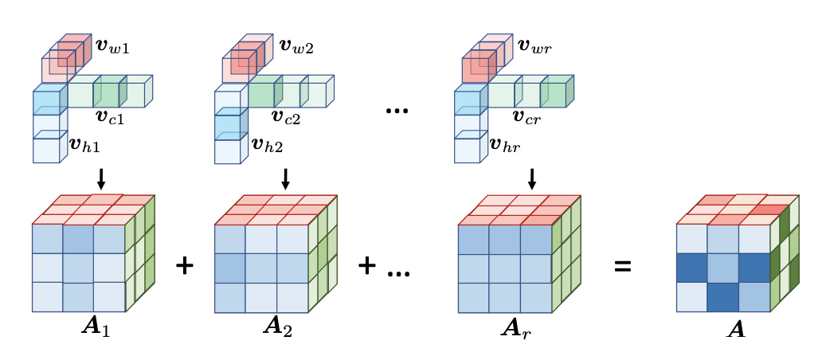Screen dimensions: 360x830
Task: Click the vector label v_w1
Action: [112, 47]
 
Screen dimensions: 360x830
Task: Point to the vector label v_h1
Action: [84, 145]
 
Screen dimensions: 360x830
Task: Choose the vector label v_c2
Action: [285, 119]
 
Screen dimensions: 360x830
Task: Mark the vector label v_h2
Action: [268, 145]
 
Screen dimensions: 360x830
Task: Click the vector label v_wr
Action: [534, 47]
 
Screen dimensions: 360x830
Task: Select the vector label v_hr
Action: [507, 145]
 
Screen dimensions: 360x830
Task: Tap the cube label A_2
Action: [276, 327]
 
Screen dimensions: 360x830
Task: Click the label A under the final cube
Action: [737, 327]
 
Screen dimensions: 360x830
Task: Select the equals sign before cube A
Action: [622, 266]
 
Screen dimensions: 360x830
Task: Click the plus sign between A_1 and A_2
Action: [184, 266]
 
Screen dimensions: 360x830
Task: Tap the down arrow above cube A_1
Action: [100, 178]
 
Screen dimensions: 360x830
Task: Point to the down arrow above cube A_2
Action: [286, 178]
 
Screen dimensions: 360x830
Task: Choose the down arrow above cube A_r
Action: [532, 178]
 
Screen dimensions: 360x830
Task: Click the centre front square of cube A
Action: [722, 267]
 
